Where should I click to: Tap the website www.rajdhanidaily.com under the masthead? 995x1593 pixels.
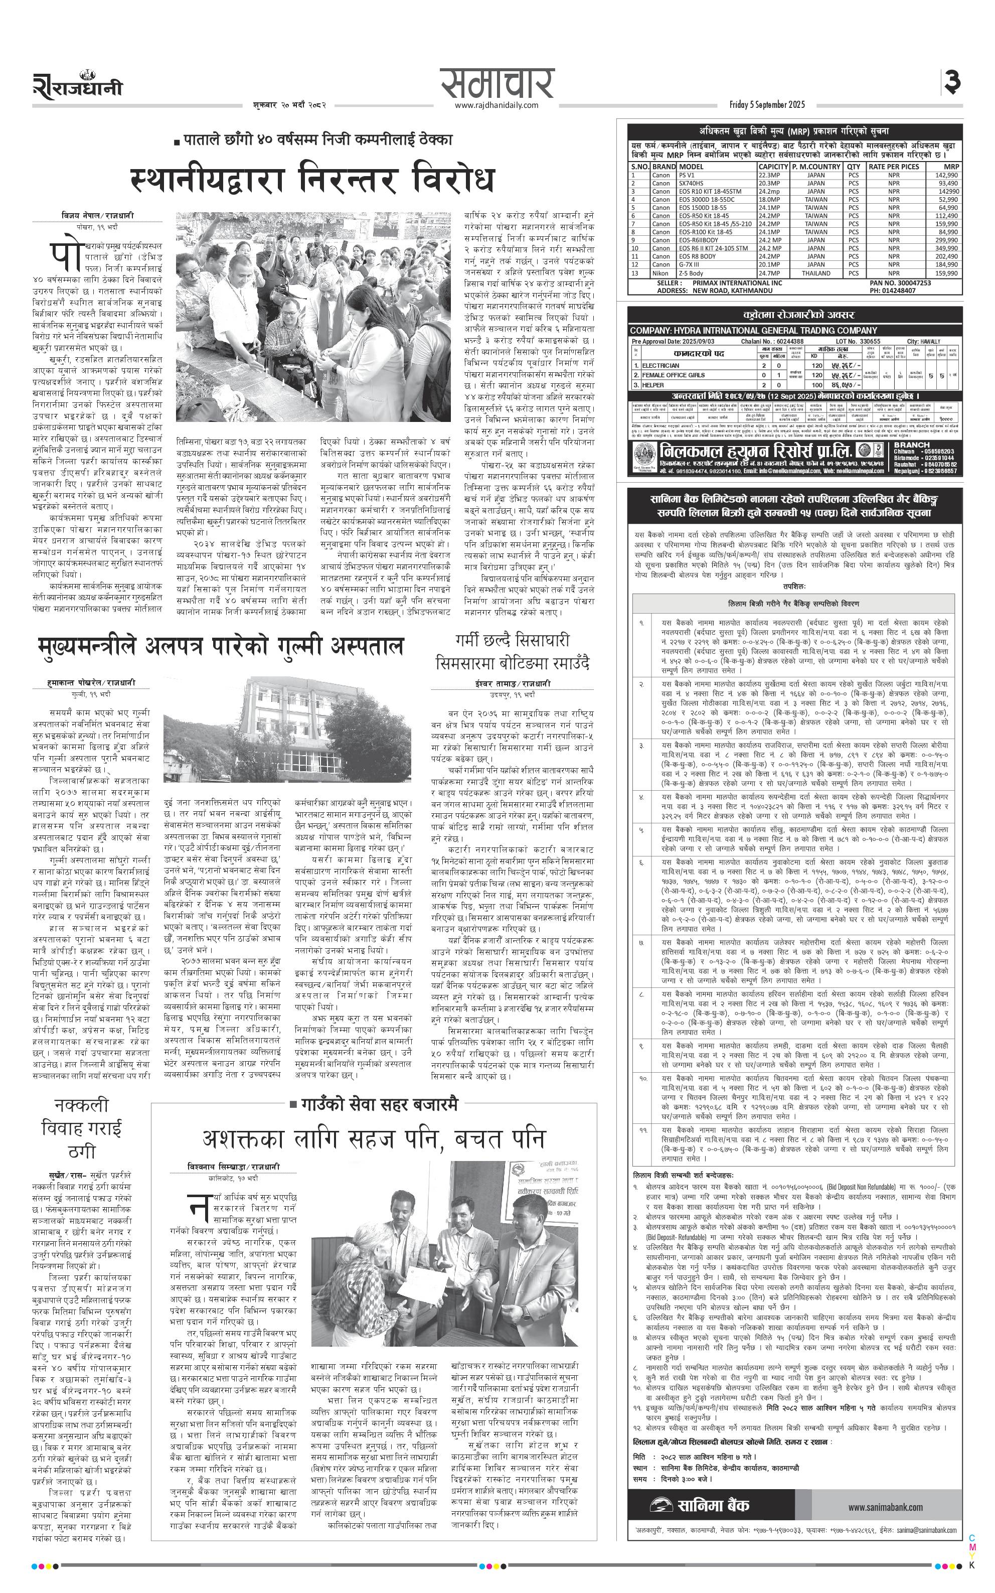point(496,105)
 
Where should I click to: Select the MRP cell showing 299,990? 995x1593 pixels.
point(946,240)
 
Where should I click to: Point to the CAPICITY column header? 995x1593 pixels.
point(772,167)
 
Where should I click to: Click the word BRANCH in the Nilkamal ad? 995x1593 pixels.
point(912,445)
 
